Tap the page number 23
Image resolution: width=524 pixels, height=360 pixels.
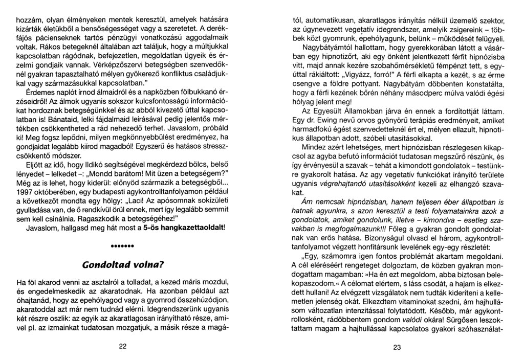(398, 346)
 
